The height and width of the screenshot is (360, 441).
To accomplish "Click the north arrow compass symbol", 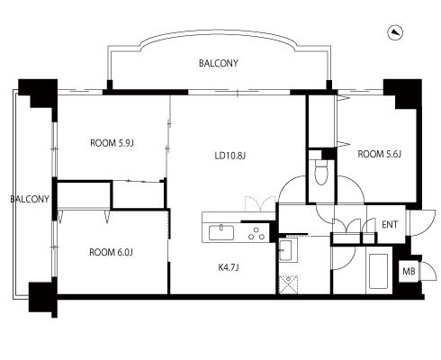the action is point(395,32).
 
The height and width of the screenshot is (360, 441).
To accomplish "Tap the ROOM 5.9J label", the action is point(112,143).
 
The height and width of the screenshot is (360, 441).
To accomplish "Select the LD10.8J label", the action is point(230,156).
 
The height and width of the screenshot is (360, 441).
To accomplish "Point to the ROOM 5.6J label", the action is point(379,154).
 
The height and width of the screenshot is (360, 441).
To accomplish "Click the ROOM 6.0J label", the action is point(111,253).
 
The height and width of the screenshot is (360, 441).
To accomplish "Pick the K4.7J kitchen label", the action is point(229,267).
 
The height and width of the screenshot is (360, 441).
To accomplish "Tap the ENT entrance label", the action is point(390,224).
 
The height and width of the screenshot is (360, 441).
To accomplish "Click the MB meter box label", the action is point(409,272).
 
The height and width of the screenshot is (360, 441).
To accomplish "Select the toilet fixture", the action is point(320,172).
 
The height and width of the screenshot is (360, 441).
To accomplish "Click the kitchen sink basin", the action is point(221,233).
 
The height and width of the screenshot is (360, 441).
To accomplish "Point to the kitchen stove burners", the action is point(256,234).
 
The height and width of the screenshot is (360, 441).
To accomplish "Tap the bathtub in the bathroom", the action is point(378,271).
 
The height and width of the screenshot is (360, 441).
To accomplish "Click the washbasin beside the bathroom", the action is point(285,250).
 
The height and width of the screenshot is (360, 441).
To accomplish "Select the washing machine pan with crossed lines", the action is point(288,284).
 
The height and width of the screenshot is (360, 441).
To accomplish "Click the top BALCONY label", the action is point(219,63).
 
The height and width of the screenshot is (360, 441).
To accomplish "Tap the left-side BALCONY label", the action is point(30,199).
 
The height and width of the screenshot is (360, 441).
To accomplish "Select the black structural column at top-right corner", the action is point(403,94).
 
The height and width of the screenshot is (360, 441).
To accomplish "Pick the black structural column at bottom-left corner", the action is point(42,297).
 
